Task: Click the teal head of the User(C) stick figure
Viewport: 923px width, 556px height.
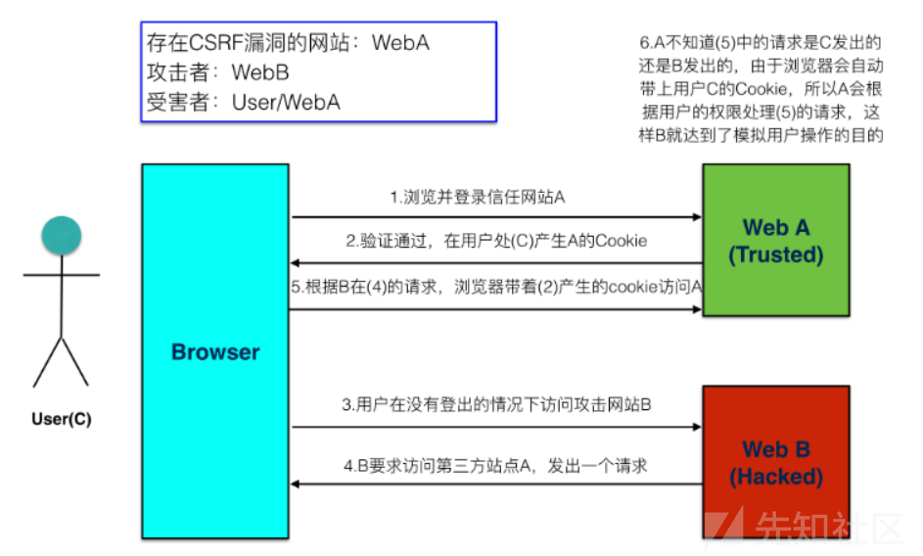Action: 61,235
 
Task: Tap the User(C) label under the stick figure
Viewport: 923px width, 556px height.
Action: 61,419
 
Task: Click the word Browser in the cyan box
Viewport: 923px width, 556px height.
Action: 215,352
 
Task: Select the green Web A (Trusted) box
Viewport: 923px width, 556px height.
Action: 775,241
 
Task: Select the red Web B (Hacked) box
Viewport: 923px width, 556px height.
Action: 775,462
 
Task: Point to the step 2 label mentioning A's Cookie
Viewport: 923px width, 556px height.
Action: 496,242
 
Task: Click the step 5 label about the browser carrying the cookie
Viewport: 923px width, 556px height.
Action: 496,288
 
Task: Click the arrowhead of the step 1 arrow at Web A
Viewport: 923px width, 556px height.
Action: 696,217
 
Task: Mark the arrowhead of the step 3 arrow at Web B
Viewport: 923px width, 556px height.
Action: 696,427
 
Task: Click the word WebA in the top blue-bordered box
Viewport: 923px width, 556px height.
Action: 399,43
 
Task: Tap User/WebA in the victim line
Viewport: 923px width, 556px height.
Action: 285,102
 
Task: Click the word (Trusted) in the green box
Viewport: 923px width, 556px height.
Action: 775,255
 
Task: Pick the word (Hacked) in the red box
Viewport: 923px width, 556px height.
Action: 775,478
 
